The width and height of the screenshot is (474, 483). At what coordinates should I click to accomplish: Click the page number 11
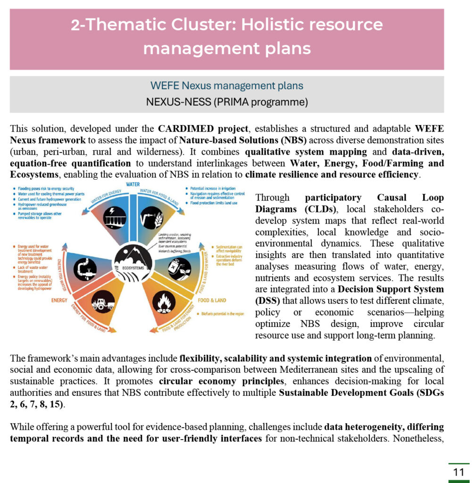(x=458, y=472)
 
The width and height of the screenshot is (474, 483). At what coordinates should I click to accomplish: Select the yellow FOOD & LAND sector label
(x=212, y=300)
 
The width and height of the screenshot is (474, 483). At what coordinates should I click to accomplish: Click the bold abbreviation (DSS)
(x=268, y=301)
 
